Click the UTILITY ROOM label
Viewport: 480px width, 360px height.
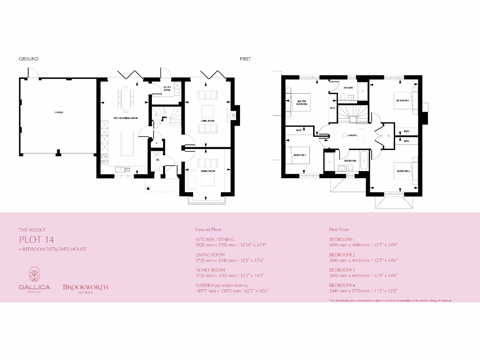pos(167,88)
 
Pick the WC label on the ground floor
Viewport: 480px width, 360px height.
pos(158,160)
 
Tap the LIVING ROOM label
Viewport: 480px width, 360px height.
pos(208,121)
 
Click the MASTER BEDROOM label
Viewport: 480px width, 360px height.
pos(301,102)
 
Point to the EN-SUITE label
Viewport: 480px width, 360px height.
pos(348,88)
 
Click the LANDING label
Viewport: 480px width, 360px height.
pos(352,135)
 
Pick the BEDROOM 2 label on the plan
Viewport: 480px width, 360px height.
pos(403,171)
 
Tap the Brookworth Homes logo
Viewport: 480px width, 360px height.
pos(85,288)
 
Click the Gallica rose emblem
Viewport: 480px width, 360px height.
pos(35,274)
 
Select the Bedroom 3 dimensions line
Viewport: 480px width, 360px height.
pos(363,276)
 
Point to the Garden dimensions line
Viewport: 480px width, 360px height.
pos(232,291)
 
